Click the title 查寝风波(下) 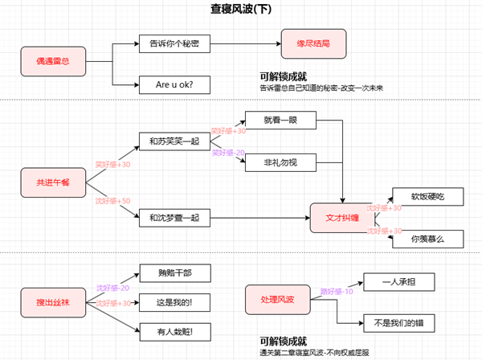241,9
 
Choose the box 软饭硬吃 427,197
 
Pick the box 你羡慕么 427,238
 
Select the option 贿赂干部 175,273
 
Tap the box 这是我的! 175,301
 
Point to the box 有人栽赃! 175,329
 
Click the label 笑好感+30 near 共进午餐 112,165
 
